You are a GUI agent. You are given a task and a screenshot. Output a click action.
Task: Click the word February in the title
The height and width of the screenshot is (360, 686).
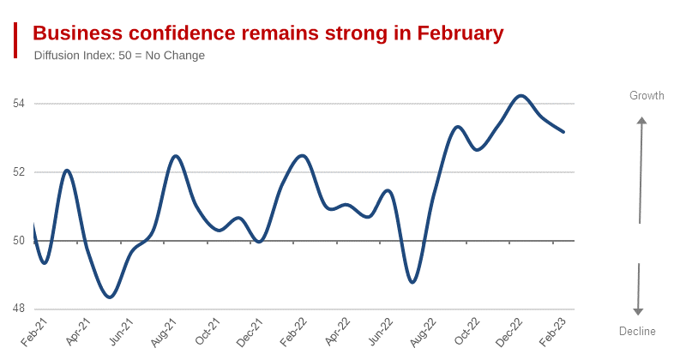[x=460, y=33]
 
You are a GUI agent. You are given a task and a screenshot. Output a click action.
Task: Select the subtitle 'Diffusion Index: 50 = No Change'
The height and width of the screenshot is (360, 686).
[x=119, y=56]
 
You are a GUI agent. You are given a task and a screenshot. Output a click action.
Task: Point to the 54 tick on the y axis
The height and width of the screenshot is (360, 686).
[x=19, y=104]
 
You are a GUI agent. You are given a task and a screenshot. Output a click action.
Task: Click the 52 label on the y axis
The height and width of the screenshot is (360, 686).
[x=19, y=172]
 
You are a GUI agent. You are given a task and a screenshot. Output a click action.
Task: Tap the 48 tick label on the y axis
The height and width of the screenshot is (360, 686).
[x=19, y=309]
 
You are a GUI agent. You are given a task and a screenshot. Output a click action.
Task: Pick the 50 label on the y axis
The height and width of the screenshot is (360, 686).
[x=19, y=241]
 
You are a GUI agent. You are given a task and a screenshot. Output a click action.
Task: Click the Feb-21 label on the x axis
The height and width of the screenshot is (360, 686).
[x=33, y=332]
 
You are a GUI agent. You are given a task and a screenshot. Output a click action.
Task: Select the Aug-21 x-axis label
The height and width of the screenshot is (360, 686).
[x=163, y=332]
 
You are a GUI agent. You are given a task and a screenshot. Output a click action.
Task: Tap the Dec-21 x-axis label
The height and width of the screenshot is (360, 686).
[x=250, y=332]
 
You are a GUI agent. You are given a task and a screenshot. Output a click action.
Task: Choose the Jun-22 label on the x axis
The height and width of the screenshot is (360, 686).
[x=380, y=332]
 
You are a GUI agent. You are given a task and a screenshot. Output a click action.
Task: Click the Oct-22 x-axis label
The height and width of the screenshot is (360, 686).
[x=466, y=332]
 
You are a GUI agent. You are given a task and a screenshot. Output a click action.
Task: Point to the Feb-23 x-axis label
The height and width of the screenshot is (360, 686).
[x=553, y=332]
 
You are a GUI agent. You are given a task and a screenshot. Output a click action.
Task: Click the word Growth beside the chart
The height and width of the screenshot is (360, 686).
[x=647, y=96]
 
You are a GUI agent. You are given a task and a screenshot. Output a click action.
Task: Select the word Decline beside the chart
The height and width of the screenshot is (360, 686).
[x=637, y=332]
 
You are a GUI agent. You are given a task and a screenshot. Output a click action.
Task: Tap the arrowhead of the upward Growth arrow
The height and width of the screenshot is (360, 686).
[x=641, y=121]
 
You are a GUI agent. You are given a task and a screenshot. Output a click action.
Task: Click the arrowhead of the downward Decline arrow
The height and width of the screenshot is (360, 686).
[x=638, y=311]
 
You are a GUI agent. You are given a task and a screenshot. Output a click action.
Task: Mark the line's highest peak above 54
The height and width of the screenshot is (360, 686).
[x=521, y=95]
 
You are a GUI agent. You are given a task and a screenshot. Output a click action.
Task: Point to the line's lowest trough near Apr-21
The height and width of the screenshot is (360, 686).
[x=110, y=297]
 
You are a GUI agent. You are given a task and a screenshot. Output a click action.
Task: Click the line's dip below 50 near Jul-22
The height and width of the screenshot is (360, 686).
[x=412, y=282]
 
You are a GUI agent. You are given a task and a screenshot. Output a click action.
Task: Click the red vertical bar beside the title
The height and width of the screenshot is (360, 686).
[x=15, y=40]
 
